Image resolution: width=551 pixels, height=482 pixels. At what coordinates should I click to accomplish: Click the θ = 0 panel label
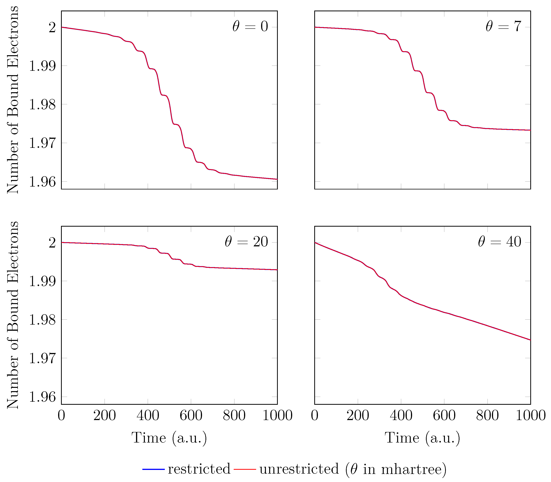point(250,27)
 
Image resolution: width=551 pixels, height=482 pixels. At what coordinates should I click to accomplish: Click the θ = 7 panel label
point(503,27)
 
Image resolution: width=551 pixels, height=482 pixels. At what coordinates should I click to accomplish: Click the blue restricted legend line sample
point(153,469)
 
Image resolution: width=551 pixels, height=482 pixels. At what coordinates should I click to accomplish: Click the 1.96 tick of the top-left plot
point(42,182)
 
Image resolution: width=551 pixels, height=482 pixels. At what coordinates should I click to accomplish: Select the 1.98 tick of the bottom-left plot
point(42,320)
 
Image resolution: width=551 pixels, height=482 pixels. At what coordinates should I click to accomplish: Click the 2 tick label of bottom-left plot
point(52,243)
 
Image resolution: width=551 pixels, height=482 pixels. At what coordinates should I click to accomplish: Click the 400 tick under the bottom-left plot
point(148,415)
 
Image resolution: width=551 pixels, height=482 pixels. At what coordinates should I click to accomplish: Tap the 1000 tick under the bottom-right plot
point(530,415)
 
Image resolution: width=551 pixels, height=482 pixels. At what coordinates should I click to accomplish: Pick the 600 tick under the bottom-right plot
point(444,415)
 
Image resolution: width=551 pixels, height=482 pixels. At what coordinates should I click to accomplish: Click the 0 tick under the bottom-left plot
point(61,415)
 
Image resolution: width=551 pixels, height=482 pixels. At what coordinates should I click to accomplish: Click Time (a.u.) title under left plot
point(169,438)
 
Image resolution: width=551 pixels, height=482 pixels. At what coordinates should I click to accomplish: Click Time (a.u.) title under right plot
point(422,438)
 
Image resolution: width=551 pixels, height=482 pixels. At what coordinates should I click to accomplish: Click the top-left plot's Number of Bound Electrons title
point(13,100)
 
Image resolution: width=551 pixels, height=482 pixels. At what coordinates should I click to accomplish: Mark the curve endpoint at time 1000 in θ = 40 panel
point(530,340)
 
